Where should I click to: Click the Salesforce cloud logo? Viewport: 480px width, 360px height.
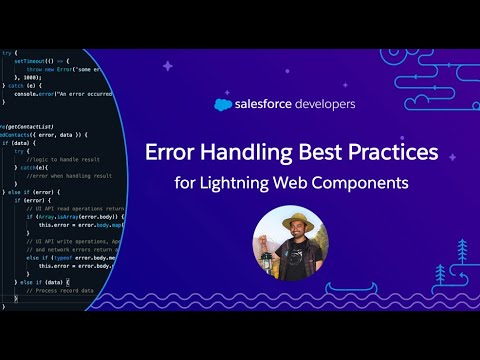(x=224, y=103)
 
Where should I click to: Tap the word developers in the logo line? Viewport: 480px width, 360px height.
(x=323, y=103)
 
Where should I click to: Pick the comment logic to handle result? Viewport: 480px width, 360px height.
(x=58, y=160)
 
